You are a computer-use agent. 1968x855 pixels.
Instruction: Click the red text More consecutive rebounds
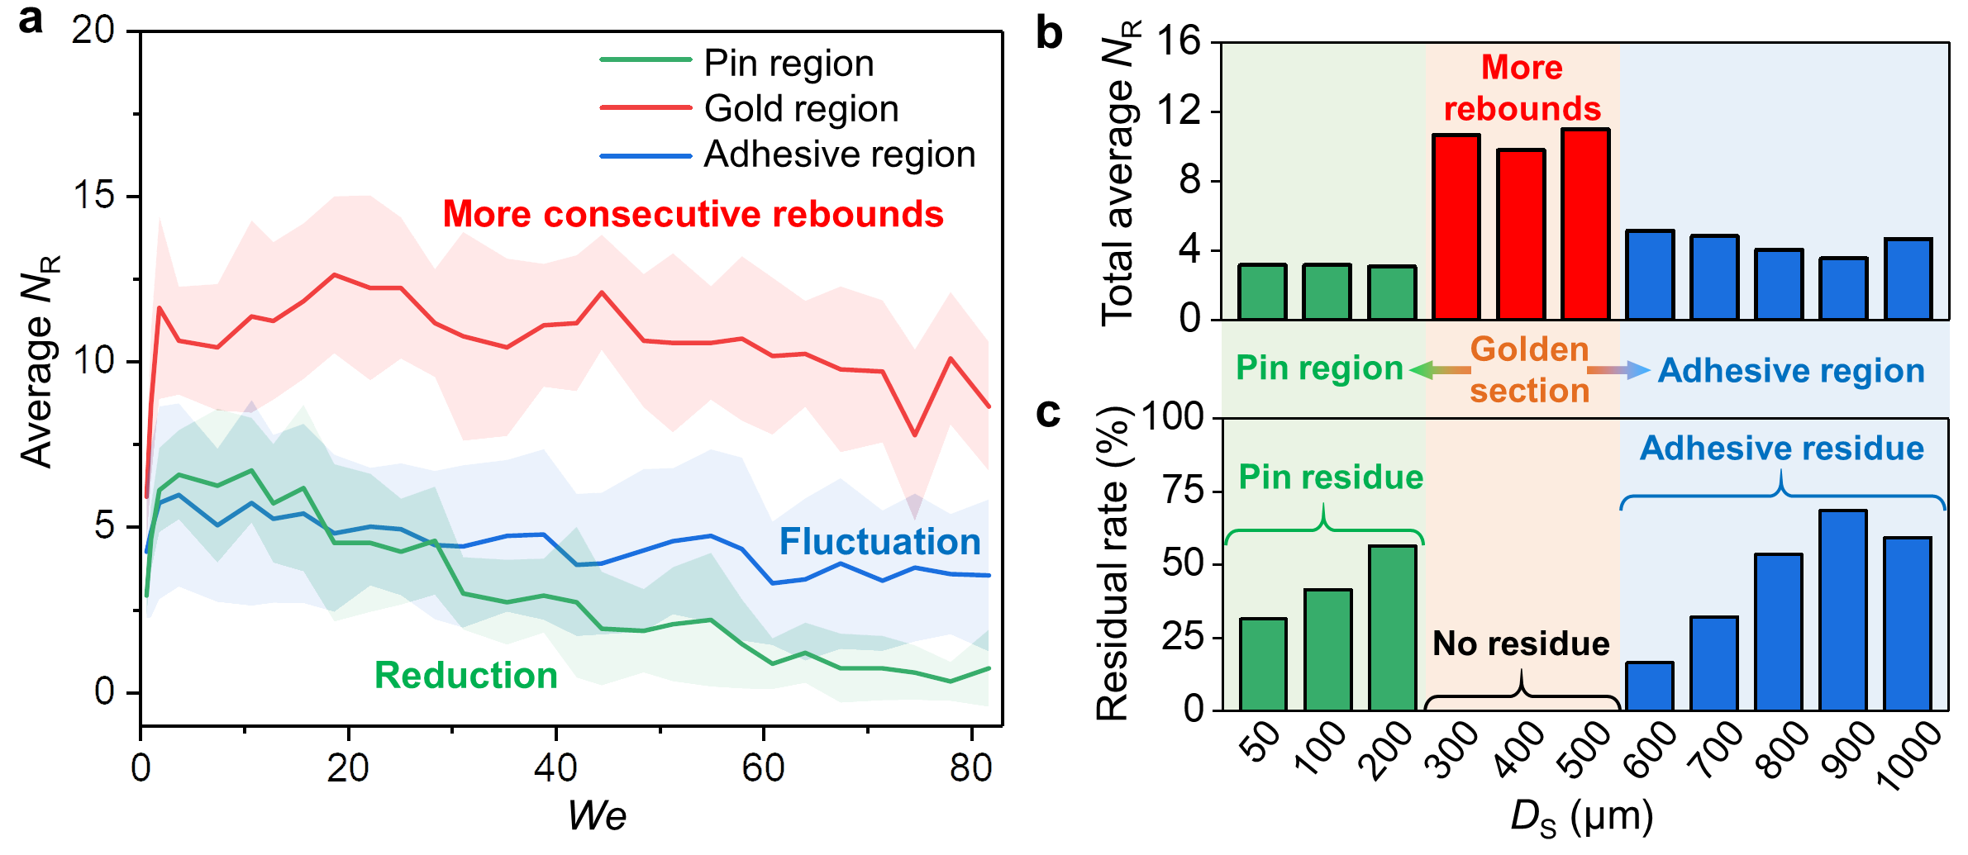(x=693, y=214)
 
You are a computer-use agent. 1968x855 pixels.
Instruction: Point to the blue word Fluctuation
(x=879, y=542)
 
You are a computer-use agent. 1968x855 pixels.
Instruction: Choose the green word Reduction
(x=466, y=675)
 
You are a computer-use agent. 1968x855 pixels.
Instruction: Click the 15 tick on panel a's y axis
(x=93, y=196)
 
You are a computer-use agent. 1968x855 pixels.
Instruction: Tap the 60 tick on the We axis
(x=762, y=768)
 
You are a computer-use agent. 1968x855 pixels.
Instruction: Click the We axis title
(x=597, y=816)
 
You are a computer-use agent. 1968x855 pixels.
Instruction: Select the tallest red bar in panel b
(x=1585, y=224)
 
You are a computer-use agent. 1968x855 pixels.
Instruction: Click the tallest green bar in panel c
(x=1392, y=628)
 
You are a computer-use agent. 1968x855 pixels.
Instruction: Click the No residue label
(x=1521, y=644)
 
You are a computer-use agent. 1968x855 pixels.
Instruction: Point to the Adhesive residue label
(x=1782, y=449)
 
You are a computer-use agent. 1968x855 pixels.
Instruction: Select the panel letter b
(x=1049, y=33)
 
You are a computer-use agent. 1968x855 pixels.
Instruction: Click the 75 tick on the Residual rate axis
(x=1183, y=491)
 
